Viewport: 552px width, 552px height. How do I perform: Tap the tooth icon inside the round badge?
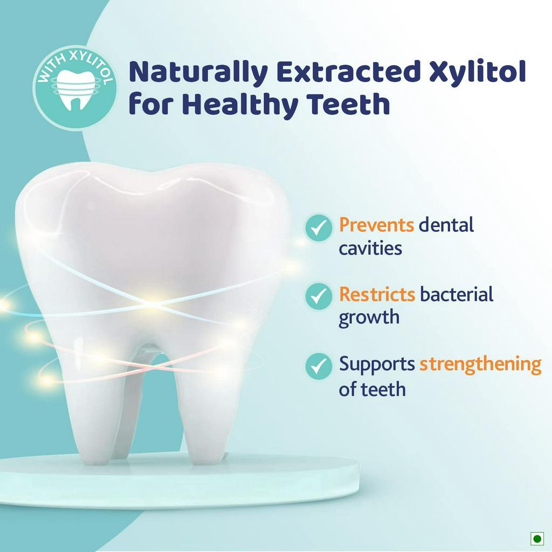pyautogui.click(x=75, y=89)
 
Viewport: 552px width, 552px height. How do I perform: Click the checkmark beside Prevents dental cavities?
pyautogui.click(x=319, y=227)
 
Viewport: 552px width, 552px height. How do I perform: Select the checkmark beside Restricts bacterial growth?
pyautogui.click(x=319, y=296)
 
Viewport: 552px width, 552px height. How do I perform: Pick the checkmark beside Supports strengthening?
pyautogui.click(x=319, y=366)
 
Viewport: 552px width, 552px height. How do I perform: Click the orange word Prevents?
pyautogui.click(x=376, y=225)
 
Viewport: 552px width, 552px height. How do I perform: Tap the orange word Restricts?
pyautogui.click(x=377, y=294)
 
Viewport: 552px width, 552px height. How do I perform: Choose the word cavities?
pyautogui.click(x=370, y=248)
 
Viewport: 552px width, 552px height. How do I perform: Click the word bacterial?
pyautogui.click(x=457, y=294)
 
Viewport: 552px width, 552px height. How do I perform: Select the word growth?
pyautogui.click(x=369, y=318)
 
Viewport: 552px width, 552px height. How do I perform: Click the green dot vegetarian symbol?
pyautogui.click(x=537, y=539)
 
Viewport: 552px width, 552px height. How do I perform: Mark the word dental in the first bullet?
pyautogui.click(x=446, y=225)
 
